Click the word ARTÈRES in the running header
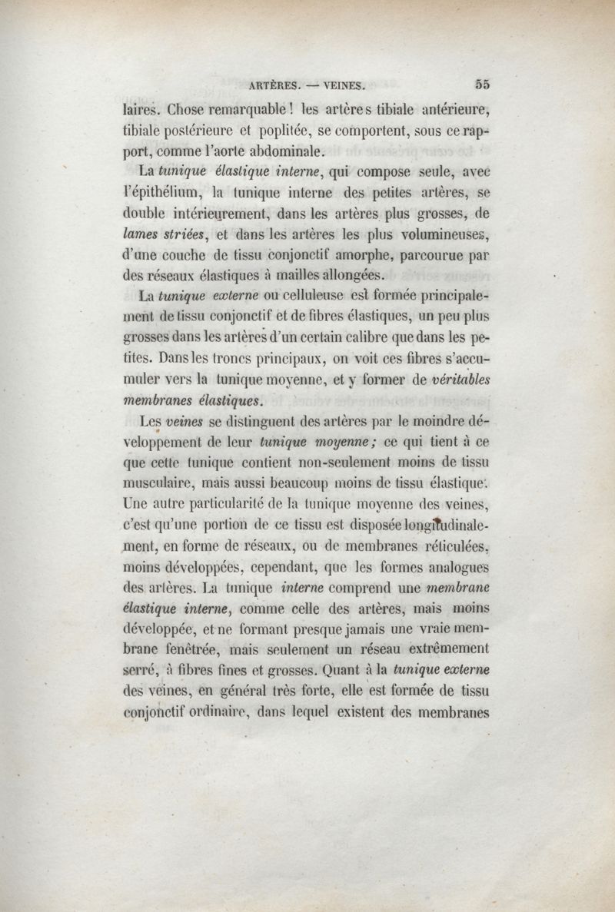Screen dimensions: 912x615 coord(278,85)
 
